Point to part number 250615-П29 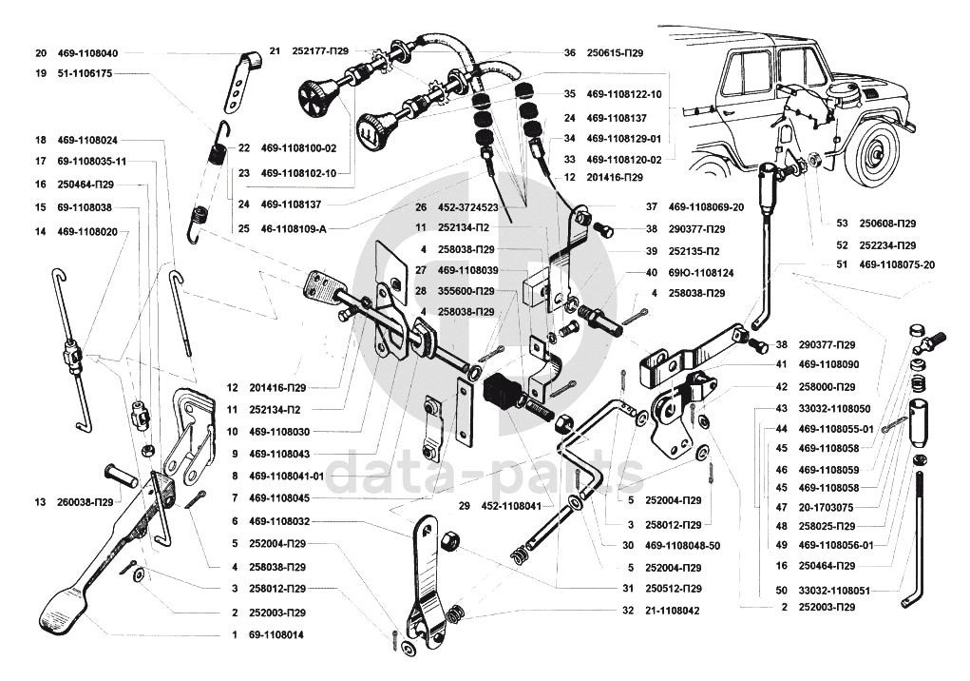coord(615,53)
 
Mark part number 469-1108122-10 coord(624,94)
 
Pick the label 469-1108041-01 coord(286,476)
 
